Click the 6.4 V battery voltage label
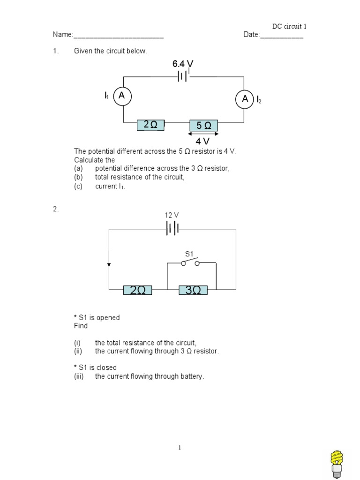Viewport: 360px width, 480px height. click(183, 63)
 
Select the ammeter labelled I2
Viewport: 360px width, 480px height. click(244, 99)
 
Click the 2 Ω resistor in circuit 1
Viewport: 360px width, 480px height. click(150, 125)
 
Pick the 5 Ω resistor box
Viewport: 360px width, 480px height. click(203, 126)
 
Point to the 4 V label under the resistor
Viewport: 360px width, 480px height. click(203, 141)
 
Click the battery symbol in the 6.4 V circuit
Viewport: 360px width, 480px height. click(183, 76)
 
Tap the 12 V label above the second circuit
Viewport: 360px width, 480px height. click(172, 215)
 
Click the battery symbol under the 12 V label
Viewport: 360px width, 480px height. click(172, 229)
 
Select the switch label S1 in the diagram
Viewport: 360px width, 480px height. click(189, 254)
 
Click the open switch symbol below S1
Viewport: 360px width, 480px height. click(191, 262)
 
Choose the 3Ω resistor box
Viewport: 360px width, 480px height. click(193, 291)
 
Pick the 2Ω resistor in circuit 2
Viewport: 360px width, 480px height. click(137, 291)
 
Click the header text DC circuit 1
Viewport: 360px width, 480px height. click(289, 26)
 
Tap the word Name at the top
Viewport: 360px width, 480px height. click(62, 35)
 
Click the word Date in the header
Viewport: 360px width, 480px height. click(251, 35)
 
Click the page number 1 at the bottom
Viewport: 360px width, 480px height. click(180, 448)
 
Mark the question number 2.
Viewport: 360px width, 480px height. click(55, 210)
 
